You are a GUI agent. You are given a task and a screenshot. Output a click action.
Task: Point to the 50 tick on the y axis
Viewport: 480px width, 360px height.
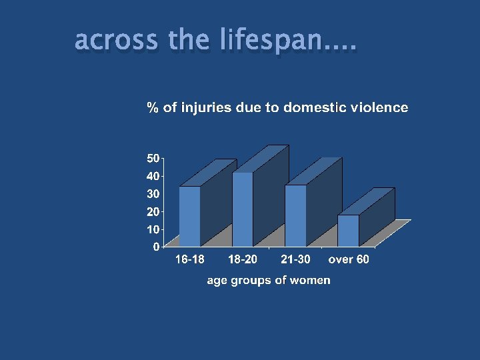(153, 159)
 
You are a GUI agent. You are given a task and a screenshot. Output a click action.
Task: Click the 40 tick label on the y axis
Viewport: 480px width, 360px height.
(153, 177)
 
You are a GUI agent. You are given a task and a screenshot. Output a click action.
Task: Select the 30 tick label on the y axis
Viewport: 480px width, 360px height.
(153, 194)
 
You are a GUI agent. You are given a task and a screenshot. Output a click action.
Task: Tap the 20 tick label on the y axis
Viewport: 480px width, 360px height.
(153, 211)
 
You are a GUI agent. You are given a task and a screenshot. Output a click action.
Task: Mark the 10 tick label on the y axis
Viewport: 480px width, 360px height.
(153, 229)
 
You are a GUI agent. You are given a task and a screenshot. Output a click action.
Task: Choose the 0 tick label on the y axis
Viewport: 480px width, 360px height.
(156, 247)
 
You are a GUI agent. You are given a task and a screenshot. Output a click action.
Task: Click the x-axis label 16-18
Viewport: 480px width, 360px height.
(190, 259)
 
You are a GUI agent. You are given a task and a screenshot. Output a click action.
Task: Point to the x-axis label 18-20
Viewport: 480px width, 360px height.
(243, 259)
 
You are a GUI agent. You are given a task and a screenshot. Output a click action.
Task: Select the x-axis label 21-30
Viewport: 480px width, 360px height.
(295, 259)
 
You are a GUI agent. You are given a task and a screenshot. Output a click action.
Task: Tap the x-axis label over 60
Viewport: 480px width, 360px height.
(349, 259)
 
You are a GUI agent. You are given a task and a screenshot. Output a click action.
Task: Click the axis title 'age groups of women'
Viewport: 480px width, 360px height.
(268, 280)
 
